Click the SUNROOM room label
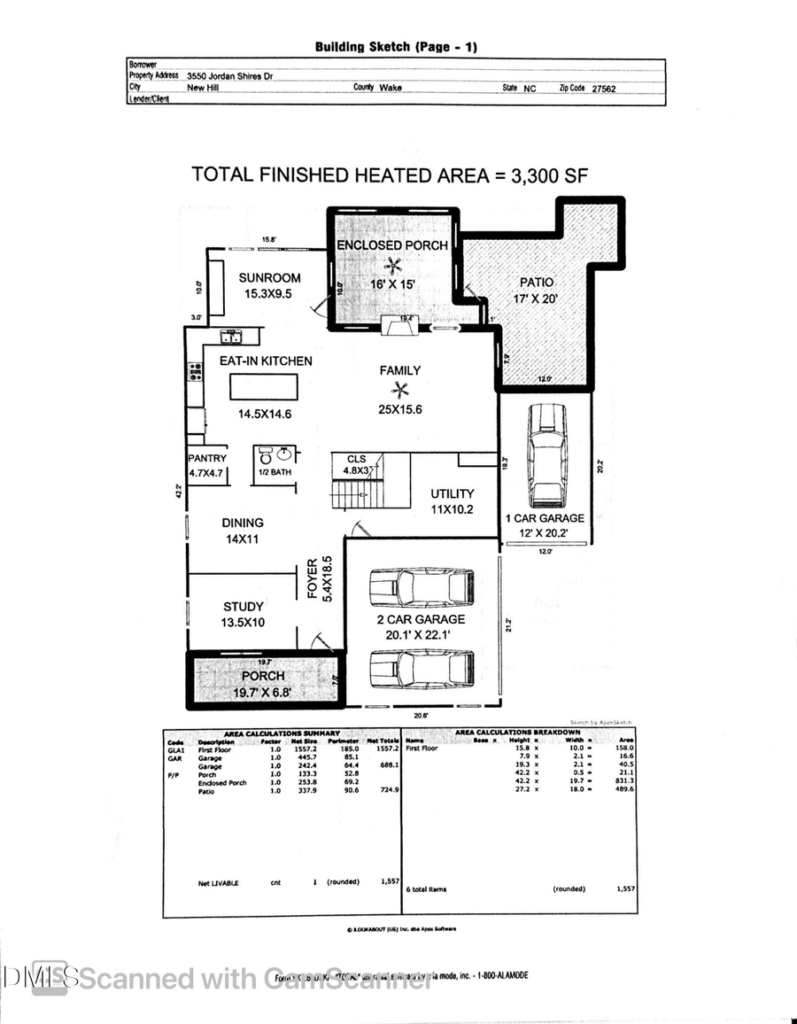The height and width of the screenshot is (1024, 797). [x=270, y=277]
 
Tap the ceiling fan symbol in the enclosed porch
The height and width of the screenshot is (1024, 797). [x=391, y=263]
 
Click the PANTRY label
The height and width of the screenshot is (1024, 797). [x=207, y=459]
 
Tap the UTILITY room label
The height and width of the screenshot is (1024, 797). [x=453, y=493]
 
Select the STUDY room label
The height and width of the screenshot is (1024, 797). [x=244, y=607]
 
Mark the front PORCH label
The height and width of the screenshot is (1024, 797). [x=264, y=676]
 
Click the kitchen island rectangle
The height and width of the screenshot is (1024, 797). [x=264, y=388]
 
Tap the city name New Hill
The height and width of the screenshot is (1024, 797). [x=204, y=89]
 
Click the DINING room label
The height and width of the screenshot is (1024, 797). [x=243, y=523]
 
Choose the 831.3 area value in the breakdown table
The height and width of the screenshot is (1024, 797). [x=621, y=780]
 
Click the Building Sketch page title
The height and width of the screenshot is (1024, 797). [x=396, y=47]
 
